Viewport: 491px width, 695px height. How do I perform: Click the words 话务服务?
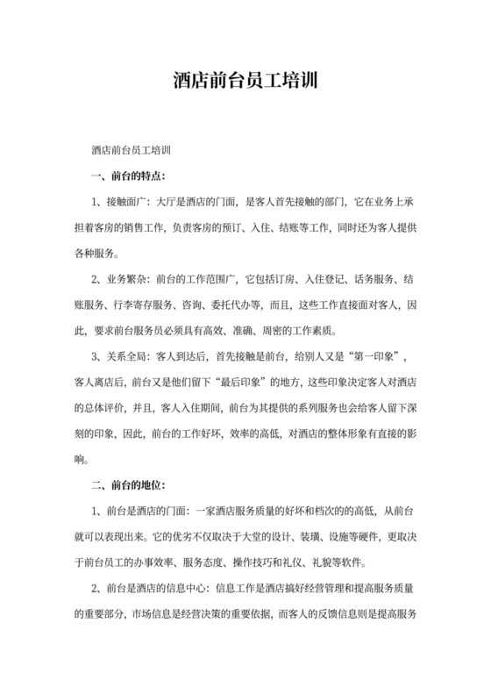(x=373, y=280)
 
